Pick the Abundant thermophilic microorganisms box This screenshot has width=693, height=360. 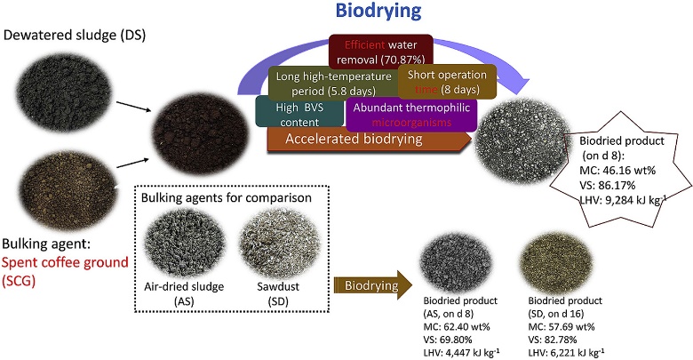click(410, 114)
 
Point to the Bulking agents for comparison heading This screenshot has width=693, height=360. click(218, 196)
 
